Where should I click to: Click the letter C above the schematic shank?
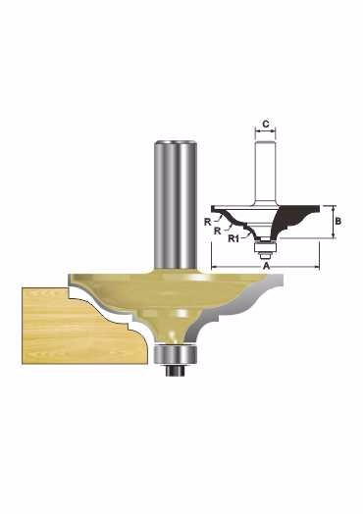pos(266,125)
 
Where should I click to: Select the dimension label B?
pos(338,222)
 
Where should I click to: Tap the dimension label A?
pos(267,266)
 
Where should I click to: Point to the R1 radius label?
pos(233,238)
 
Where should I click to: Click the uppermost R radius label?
pos(207,223)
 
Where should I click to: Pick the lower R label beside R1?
pos(217,231)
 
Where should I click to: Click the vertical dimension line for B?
pos(333,222)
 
